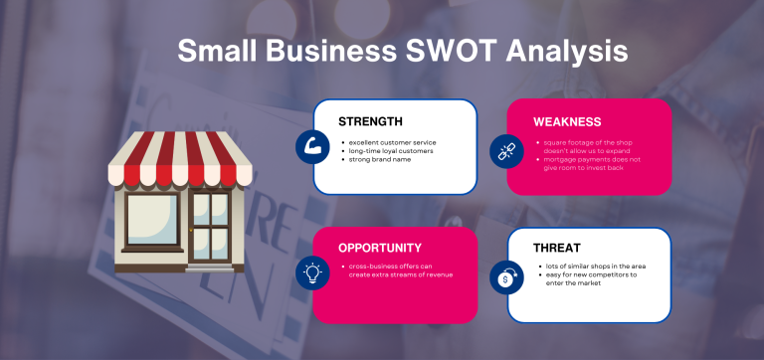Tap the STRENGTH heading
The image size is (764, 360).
[370, 121]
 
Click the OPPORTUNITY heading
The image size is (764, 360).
[379, 248]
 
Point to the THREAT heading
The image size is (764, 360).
[557, 248]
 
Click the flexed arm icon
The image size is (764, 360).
[312, 146]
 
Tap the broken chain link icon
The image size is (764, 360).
[505, 149]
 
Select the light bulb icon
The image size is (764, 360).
[312, 271]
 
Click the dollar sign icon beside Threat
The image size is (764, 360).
[505, 277]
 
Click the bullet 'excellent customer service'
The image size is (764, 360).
[392, 142]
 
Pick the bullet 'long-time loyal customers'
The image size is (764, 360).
[388, 151]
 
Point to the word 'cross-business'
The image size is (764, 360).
[370, 267]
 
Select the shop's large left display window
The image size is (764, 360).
[152, 221]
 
